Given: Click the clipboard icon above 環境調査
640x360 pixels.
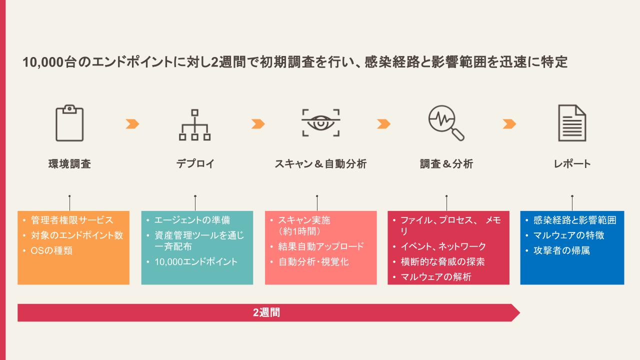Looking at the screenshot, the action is pyautogui.click(x=69, y=123).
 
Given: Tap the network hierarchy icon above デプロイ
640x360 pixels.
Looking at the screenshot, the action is pyautogui.click(x=195, y=125).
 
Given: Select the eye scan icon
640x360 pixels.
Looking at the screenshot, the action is pyautogui.click(x=321, y=123).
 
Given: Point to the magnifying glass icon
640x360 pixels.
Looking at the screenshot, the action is pyautogui.click(x=446, y=123).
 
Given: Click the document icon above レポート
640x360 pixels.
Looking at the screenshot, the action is pyautogui.click(x=572, y=123).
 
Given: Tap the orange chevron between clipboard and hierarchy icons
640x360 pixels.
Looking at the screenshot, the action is pyautogui.click(x=132, y=124).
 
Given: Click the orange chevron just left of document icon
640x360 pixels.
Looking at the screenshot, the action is pyautogui.click(x=509, y=124).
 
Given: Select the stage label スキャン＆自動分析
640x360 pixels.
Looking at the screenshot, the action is pyautogui.click(x=320, y=164).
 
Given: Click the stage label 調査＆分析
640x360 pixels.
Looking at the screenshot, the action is pyautogui.click(x=446, y=164).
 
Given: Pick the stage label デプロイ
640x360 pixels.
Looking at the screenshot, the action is pyautogui.click(x=195, y=164).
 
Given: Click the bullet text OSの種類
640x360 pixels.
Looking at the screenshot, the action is pyautogui.click(x=51, y=250).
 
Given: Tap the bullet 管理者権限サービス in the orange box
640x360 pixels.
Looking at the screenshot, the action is pyautogui.click(x=72, y=220).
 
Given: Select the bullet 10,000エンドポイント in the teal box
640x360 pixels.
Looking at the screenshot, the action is pyautogui.click(x=196, y=261).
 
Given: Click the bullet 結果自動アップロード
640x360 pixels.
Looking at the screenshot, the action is pyautogui.click(x=321, y=246).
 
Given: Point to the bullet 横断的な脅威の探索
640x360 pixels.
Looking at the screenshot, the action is pyautogui.click(x=443, y=261).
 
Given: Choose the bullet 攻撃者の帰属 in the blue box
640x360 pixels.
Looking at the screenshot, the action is pyautogui.click(x=561, y=250).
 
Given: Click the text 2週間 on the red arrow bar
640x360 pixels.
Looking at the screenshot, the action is pyautogui.click(x=266, y=312).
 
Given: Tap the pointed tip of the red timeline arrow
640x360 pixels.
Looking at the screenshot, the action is pyautogui.click(x=519, y=313).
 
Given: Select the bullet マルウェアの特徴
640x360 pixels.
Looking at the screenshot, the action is pyautogui.click(x=569, y=235).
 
